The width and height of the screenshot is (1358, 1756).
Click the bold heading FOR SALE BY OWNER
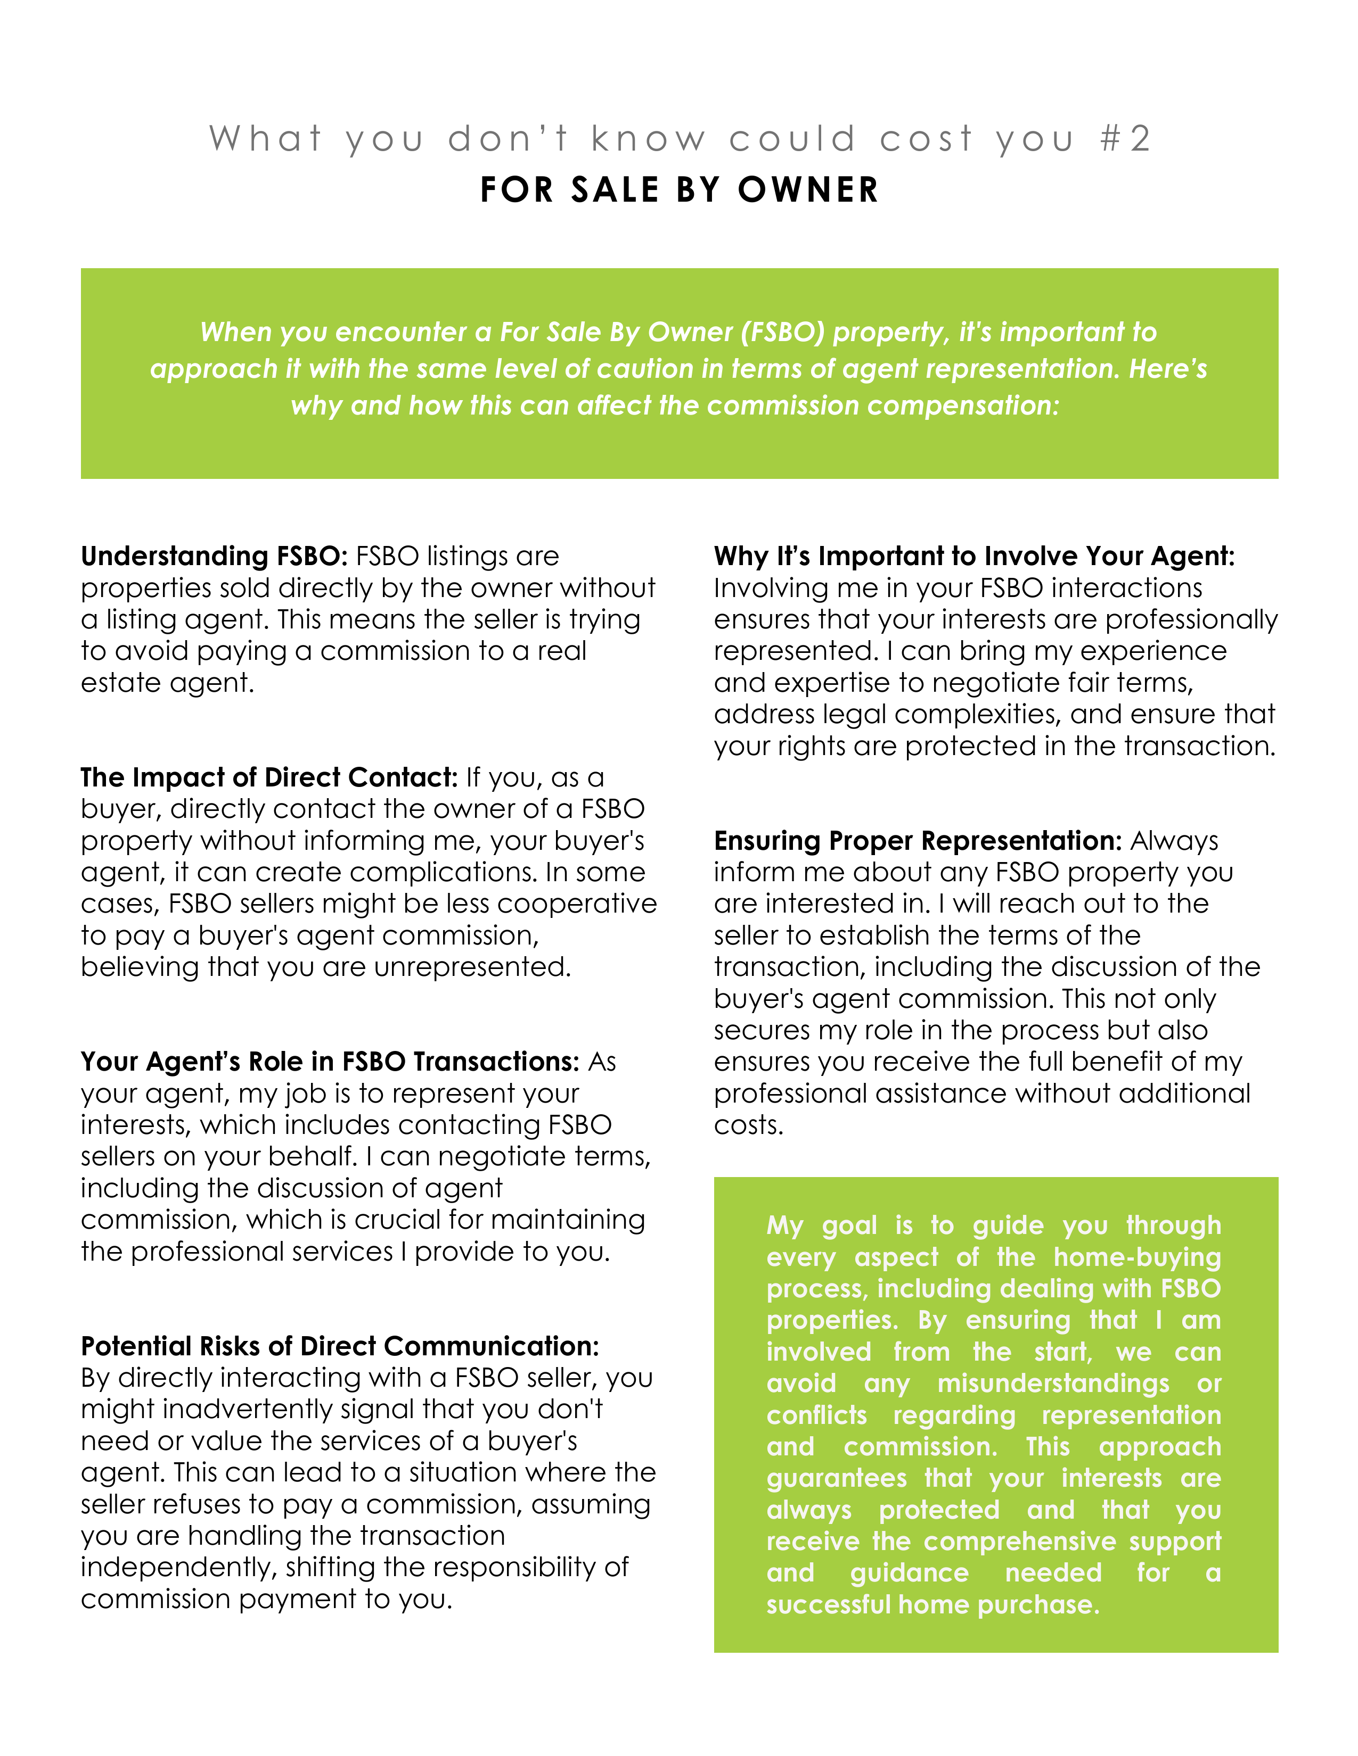tap(679, 190)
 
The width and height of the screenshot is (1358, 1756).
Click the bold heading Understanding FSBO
tap(214, 557)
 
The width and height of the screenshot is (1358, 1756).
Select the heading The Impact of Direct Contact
tap(269, 777)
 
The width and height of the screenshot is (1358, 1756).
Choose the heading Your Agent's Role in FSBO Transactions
tap(330, 1062)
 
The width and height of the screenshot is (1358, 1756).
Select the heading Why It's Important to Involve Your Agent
tap(973, 557)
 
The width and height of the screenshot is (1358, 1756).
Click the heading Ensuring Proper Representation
tap(917, 841)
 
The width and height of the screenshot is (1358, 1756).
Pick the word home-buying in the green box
tap(1137, 1257)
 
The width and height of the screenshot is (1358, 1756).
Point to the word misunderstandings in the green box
tap(1052, 1384)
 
